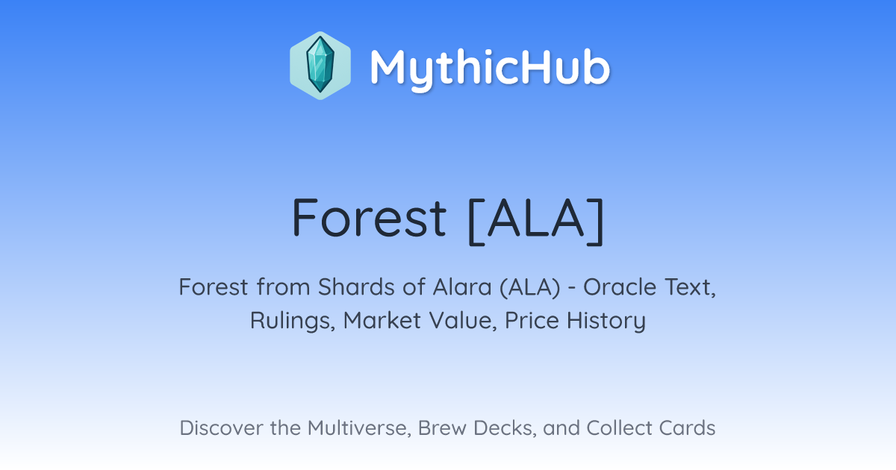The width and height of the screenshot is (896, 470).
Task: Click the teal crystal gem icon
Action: pyautogui.click(x=320, y=65)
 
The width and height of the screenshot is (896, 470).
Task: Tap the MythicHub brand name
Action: pyautogui.click(x=490, y=68)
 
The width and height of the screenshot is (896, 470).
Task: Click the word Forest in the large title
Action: pyautogui.click(x=369, y=217)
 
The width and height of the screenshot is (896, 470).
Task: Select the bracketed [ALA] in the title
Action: pyautogui.click(x=536, y=221)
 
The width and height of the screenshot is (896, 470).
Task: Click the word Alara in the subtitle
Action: pyautogui.click(x=462, y=287)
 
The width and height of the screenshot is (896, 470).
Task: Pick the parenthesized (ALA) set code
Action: pyautogui.click(x=530, y=288)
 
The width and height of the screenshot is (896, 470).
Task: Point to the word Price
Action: pyautogui.click(x=532, y=321)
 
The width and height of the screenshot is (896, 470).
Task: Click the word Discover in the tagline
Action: pyautogui.click(x=221, y=427)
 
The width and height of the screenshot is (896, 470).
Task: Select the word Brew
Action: pyautogui.click(x=442, y=427)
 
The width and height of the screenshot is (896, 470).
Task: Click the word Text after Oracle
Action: pyautogui.click(x=690, y=288)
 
